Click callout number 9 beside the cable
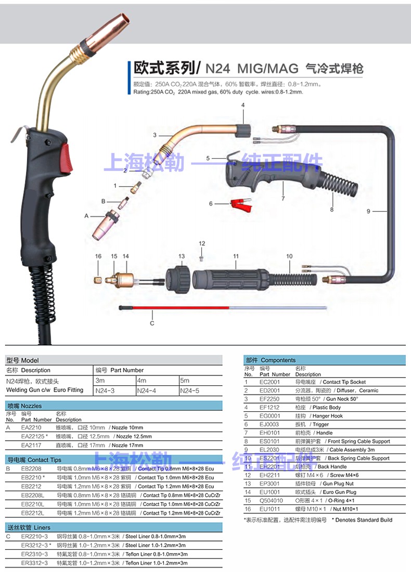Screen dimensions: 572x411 (368, 211)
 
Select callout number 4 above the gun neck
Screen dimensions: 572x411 (242, 106)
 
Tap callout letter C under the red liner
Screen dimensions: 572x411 (152, 323)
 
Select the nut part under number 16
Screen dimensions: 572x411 (97, 279)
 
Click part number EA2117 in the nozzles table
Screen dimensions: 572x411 (32, 445)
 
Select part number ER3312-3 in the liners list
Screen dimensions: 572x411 (35, 563)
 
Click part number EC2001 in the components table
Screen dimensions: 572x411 (269, 382)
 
